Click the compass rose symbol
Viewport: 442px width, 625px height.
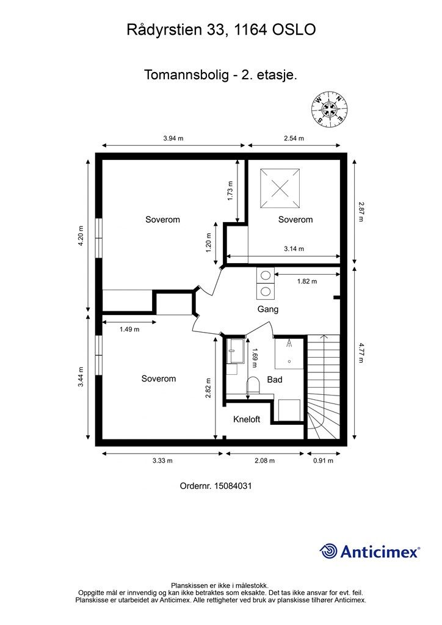(329, 107)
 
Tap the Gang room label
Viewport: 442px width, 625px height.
(268, 309)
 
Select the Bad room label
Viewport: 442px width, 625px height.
(275, 380)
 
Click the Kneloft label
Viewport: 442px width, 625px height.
(247, 419)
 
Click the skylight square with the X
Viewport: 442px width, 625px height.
(280, 188)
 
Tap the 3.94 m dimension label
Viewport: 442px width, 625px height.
(173, 139)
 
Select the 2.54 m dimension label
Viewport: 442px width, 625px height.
(294, 139)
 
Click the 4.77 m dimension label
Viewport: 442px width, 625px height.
(361, 353)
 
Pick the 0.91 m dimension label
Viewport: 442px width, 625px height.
(323, 461)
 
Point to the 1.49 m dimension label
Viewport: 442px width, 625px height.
(129, 329)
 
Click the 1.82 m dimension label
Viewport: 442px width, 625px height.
(307, 281)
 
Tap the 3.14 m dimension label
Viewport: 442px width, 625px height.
(294, 249)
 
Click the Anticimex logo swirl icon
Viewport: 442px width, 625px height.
(328, 551)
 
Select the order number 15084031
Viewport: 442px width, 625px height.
(233, 486)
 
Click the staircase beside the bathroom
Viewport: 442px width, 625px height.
(324, 387)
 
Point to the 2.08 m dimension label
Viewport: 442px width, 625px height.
(264, 461)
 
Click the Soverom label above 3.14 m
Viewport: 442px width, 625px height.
(295, 220)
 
